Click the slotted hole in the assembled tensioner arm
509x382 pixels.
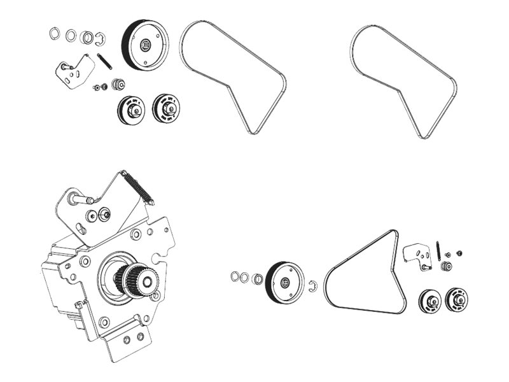(81, 229)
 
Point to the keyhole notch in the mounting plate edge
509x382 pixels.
(157, 253)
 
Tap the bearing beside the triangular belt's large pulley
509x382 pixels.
(258, 279)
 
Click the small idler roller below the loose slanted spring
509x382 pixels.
(117, 83)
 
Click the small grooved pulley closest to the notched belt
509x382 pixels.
(167, 108)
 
